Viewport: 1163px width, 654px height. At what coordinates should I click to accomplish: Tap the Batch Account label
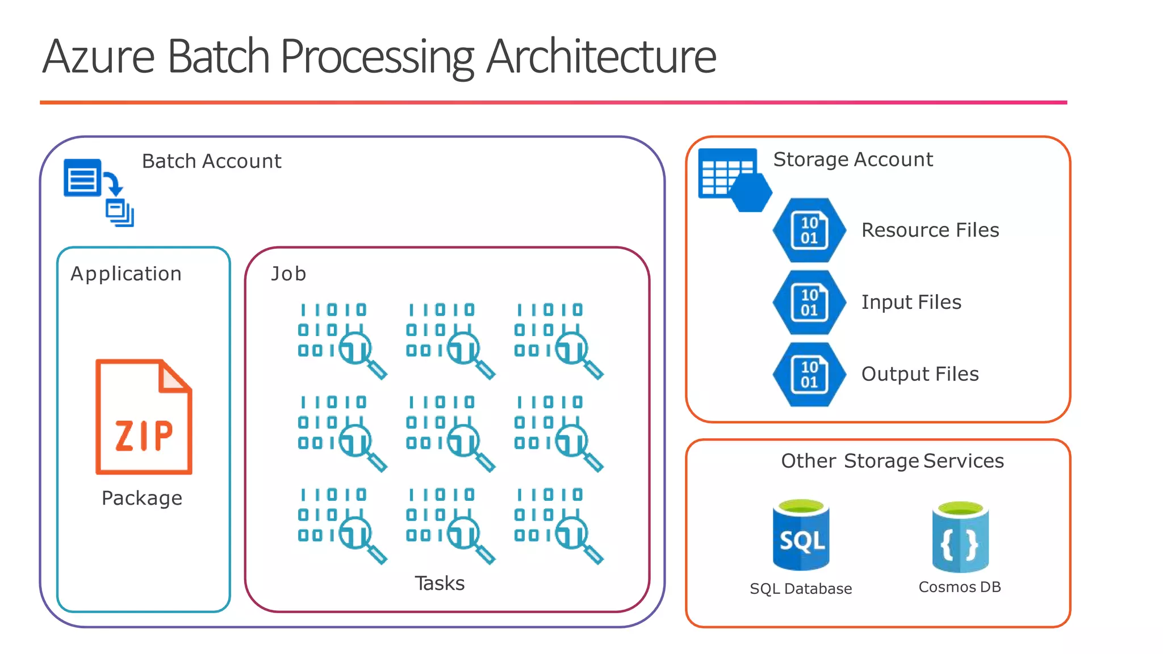(211, 161)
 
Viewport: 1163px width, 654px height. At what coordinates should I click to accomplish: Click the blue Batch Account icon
(98, 192)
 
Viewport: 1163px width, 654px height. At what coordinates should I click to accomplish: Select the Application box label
(126, 274)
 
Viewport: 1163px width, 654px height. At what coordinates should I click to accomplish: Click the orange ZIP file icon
(144, 417)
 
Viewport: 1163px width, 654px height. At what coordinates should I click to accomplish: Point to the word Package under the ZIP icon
(142, 498)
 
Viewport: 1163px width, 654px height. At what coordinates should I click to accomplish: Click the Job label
(288, 274)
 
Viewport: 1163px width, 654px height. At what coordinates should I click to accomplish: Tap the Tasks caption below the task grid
(440, 583)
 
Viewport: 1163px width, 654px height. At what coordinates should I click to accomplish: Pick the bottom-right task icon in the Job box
(559, 526)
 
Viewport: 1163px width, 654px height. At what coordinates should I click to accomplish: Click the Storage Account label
(853, 160)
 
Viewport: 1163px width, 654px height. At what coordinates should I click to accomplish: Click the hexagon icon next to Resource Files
(809, 230)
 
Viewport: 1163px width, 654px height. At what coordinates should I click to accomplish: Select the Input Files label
(911, 302)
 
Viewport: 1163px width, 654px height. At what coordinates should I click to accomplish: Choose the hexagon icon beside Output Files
(809, 374)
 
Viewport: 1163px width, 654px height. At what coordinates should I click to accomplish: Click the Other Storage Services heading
(892, 461)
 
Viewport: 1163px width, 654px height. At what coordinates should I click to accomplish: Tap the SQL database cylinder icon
(801, 535)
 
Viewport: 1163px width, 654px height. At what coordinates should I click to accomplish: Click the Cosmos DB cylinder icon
(960, 537)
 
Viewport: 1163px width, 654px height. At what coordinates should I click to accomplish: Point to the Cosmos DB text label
(960, 587)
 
